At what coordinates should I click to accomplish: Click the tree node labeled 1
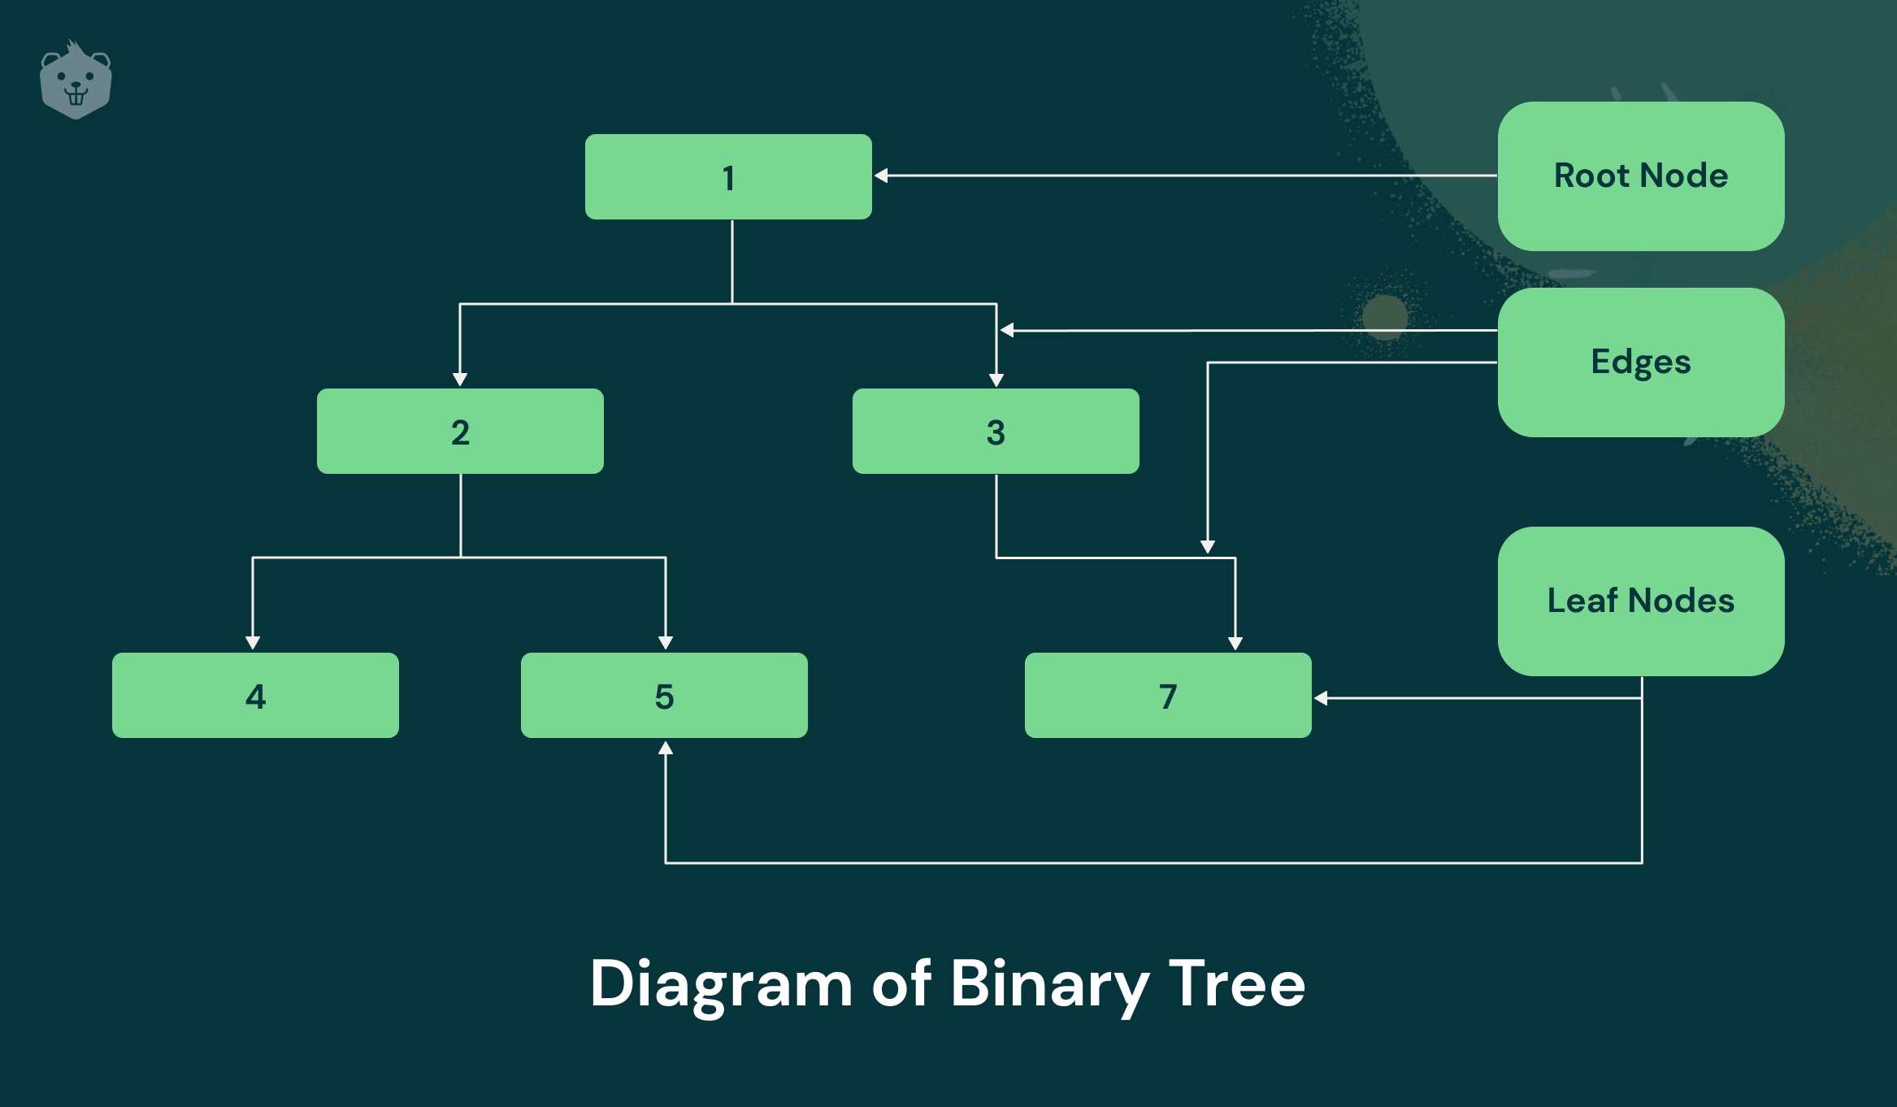pyautogui.click(x=728, y=176)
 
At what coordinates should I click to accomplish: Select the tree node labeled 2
pyautogui.click(x=460, y=431)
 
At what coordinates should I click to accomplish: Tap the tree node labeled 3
pyautogui.click(x=996, y=431)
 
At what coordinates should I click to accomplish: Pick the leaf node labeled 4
pyautogui.click(x=255, y=695)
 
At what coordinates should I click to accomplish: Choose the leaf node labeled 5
pyautogui.click(x=664, y=695)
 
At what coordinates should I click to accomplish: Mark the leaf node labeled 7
pyautogui.click(x=1168, y=695)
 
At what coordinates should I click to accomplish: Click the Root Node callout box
pyautogui.click(x=1641, y=176)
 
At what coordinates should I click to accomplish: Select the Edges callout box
pyautogui.click(x=1641, y=362)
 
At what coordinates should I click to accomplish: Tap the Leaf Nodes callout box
pyautogui.click(x=1641, y=601)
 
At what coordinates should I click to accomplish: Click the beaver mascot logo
pyautogui.click(x=76, y=80)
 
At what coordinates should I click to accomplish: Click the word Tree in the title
pyautogui.click(x=1237, y=983)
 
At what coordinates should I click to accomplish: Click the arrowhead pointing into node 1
pyautogui.click(x=881, y=176)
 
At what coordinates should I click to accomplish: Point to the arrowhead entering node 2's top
pyautogui.click(x=460, y=380)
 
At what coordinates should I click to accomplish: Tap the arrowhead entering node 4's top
pyautogui.click(x=253, y=643)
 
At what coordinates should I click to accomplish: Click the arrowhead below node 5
pyautogui.click(x=666, y=748)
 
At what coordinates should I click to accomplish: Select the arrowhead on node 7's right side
pyautogui.click(x=1321, y=698)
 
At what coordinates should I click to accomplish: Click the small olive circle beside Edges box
pyautogui.click(x=1385, y=317)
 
